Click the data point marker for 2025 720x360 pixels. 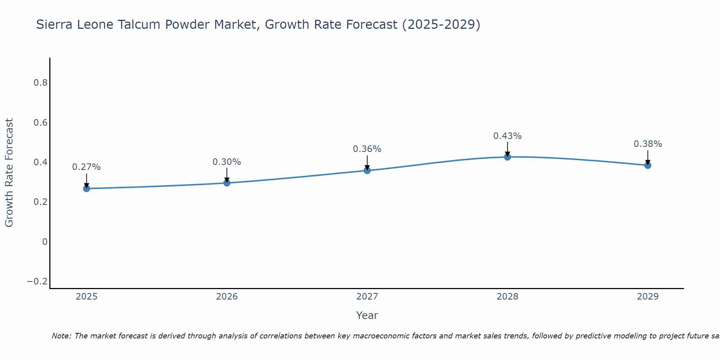(86, 188)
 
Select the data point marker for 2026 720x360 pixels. (227, 183)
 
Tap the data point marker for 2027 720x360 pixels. (367, 170)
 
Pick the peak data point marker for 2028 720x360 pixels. (508, 157)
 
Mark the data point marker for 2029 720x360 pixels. (648, 165)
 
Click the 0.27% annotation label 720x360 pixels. (86, 167)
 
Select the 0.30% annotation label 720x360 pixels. (227, 162)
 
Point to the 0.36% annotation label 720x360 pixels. (367, 149)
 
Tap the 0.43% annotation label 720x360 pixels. (508, 136)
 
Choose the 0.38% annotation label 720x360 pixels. (648, 144)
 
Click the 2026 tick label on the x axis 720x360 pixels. (227, 297)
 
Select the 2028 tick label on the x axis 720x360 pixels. (508, 297)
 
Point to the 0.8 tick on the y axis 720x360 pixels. (40, 83)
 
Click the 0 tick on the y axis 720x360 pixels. (45, 242)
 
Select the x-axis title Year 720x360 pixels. (367, 315)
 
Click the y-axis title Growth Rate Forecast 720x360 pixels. (9, 172)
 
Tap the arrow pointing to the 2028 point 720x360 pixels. (508, 148)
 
